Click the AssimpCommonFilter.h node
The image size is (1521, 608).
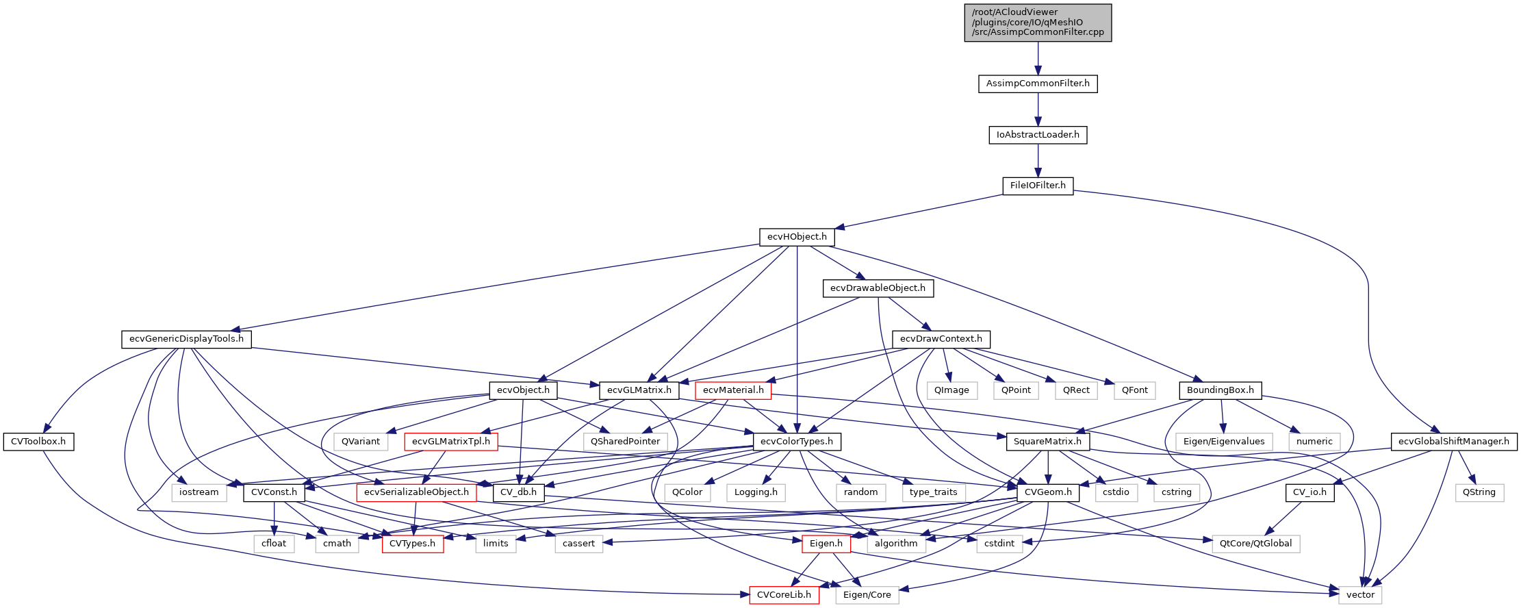(1038, 84)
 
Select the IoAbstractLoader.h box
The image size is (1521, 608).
(1038, 135)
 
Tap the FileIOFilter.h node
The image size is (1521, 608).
(1038, 186)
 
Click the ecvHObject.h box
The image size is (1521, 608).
(797, 237)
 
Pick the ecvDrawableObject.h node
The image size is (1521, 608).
(878, 288)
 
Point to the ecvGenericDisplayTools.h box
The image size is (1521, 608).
(186, 339)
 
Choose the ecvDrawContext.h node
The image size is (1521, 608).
(941, 339)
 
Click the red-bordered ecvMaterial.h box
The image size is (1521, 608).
(733, 390)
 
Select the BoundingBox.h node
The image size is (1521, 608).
(1220, 390)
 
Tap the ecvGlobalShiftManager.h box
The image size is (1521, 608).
(1453, 442)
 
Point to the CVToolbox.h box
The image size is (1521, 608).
(38, 442)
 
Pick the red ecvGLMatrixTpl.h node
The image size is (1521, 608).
(451, 442)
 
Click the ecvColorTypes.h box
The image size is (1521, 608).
(797, 442)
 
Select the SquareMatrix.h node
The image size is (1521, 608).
(1047, 442)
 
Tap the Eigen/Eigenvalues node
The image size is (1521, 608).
(1224, 442)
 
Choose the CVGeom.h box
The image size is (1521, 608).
(1048, 492)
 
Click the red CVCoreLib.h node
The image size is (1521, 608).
(784, 595)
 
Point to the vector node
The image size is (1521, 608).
(1360, 595)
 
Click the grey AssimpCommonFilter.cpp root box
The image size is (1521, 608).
(1038, 23)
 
